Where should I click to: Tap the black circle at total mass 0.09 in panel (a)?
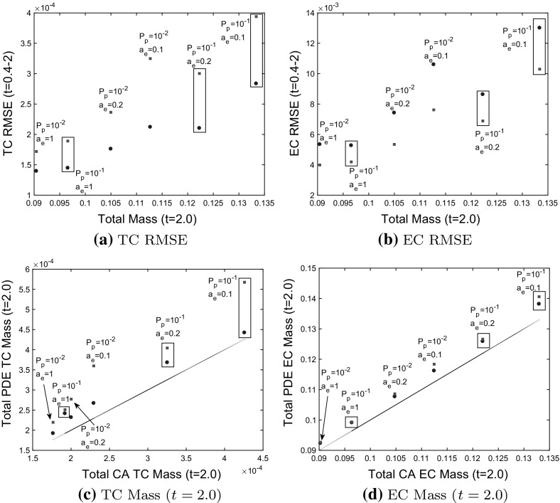[36, 171]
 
